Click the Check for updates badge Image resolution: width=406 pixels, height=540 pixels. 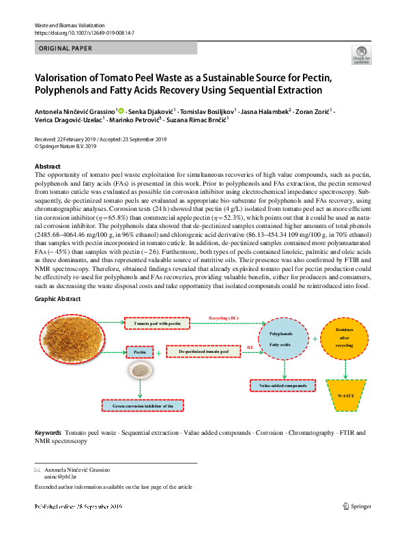[x=360, y=54]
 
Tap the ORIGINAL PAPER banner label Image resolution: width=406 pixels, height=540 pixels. [x=67, y=48]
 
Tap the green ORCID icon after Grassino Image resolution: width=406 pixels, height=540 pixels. [x=121, y=110]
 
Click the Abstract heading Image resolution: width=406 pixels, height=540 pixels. [x=47, y=167]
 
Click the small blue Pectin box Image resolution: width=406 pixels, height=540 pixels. [x=140, y=352]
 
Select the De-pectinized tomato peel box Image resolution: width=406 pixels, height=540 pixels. [x=204, y=352]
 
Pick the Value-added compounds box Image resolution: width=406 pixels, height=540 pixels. [x=282, y=386]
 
